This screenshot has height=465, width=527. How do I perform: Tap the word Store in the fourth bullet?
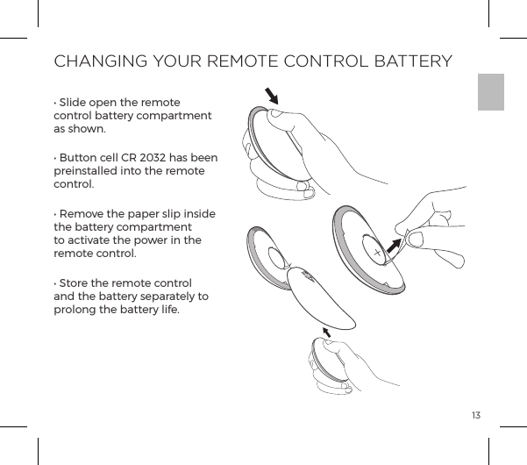(x=75, y=285)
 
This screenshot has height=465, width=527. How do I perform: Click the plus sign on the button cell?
(x=378, y=253)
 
